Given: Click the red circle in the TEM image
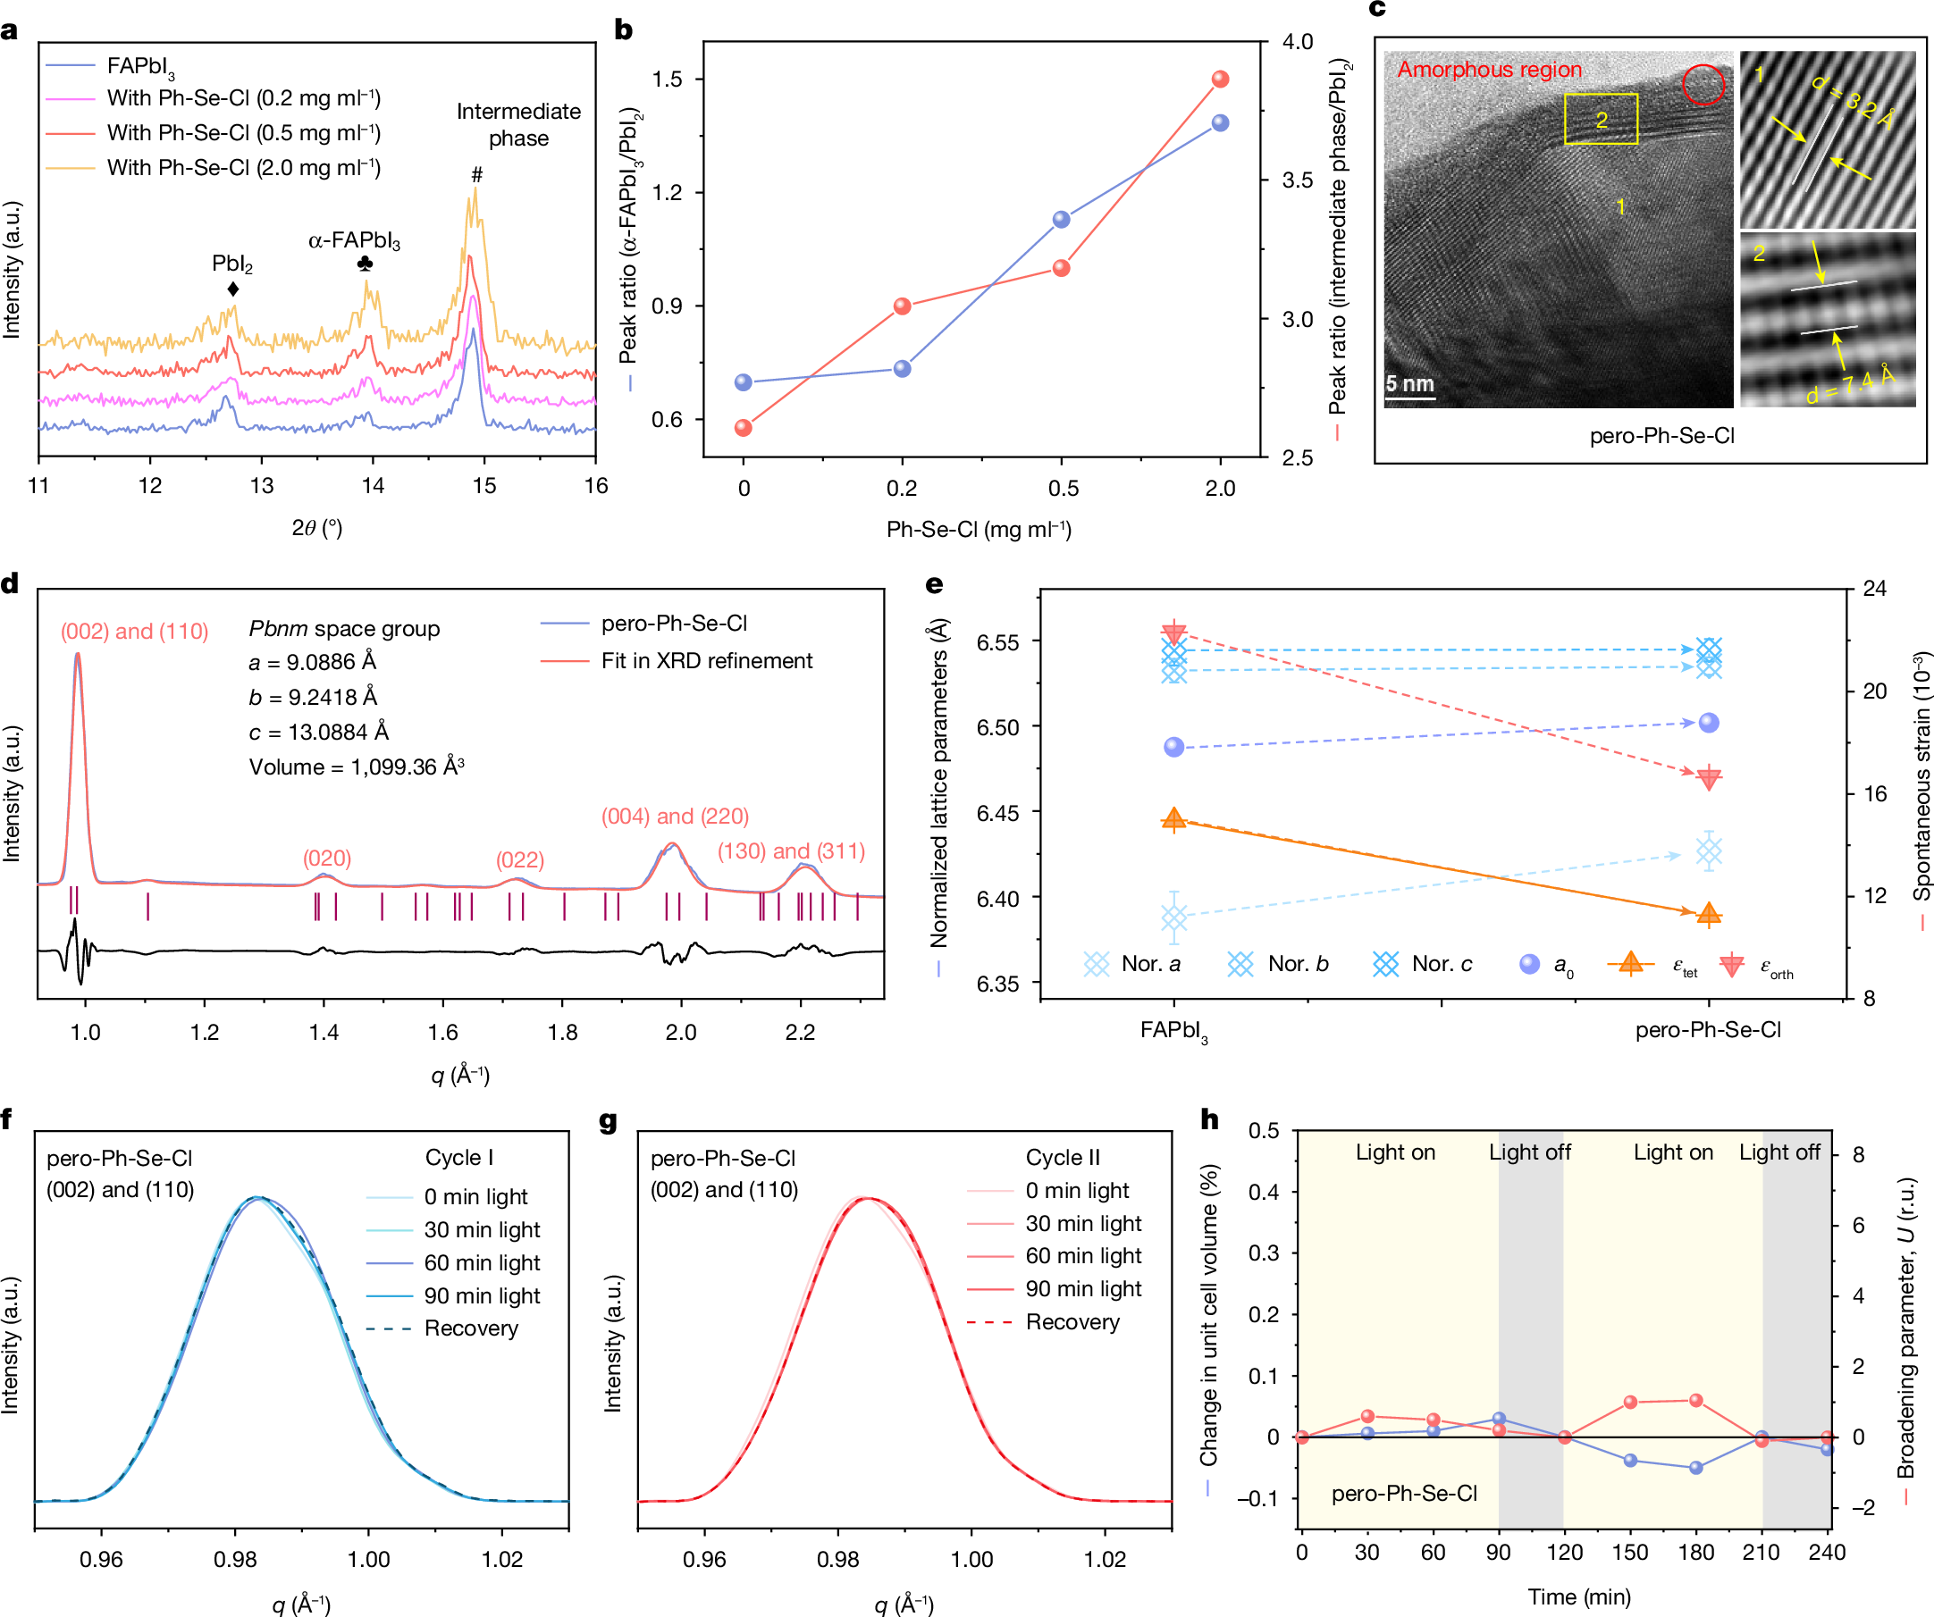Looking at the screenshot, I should pyautogui.click(x=1703, y=85).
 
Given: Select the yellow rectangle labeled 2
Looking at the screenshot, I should pyautogui.click(x=1601, y=119).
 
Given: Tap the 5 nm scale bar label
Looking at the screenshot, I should pyautogui.click(x=1409, y=384).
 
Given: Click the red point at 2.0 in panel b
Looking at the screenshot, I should pyautogui.click(x=1220, y=80).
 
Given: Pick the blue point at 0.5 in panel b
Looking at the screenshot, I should pyautogui.click(x=1061, y=219).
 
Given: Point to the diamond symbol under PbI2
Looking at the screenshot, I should pyautogui.click(x=233, y=289).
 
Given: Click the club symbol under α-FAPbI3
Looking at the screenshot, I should pyautogui.click(x=365, y=264).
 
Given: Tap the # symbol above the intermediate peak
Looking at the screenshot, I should pyautogui.click(x=476, y=174).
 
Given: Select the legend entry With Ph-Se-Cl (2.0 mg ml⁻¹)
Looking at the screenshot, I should pyautogui.click(x=243, y=168).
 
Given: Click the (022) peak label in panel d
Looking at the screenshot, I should pyautogui.click(x=519, y=859).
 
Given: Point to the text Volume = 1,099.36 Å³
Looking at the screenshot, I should pyautogui.click(x=357, y=767).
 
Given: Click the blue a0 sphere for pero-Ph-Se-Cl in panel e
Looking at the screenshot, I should pyautogui.click(x=1709, y=723).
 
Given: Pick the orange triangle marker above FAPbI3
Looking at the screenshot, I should pyautogui.click(x=1173, y=819).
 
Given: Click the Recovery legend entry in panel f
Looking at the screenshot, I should pyautogui.click(x=471, y=1328).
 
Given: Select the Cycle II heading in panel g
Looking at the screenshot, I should pyautogui.click(x=1063, y=1158).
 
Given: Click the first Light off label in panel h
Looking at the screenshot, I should pyautogui.click(x=1530, y=1152).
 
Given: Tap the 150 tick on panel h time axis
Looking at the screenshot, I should pyautogui.click(x=1629, y=1553).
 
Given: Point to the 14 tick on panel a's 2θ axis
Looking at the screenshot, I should pyautogui.click(x=372, y=485).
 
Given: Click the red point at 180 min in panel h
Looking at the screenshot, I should pyautogui.click(x=1695, y=1401).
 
